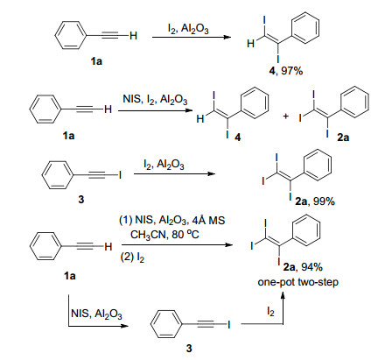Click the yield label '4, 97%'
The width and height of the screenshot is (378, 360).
tap(286, 71)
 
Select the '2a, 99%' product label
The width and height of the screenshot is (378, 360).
tap(315, 201)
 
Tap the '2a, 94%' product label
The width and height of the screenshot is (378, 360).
tap(303, 267)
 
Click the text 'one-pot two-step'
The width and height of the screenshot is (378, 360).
tap(297, 282)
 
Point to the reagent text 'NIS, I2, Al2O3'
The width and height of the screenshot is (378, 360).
tap(155, 100)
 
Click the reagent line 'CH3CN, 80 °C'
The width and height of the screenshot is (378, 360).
tap(164, 234)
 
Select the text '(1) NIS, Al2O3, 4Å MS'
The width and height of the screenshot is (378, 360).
tap(171, 220)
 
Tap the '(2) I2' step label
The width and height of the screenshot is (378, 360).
tap(132, 258)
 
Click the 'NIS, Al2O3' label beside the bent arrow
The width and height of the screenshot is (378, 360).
tap(96, 314)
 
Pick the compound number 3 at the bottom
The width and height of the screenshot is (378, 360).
tap(189, 349)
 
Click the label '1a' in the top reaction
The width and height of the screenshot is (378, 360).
tap(96, 61)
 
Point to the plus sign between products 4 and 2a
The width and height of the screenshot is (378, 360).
tap(286, 116)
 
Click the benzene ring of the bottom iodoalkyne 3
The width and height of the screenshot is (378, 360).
tap(166, 324)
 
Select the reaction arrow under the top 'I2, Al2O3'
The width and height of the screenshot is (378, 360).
tap(192, 37)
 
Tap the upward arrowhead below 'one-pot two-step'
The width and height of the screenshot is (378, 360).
tap(283, 296)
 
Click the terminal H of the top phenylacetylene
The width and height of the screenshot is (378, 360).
tap(133, 36)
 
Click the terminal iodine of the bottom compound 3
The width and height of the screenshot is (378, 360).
tap(229, 324)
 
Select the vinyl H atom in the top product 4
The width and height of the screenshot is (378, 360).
tap(250, 44)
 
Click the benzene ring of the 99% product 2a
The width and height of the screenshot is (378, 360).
tap(318, 164)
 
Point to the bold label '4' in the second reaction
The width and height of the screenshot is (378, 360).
tap(238, 138)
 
